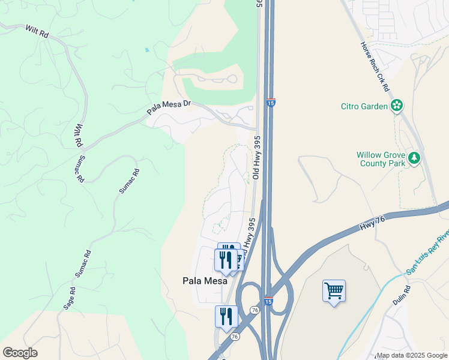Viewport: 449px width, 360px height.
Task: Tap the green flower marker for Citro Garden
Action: click(396, 106)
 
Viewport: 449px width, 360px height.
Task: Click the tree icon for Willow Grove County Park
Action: click(414, 158)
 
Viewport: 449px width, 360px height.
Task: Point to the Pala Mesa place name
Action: click(205, 280)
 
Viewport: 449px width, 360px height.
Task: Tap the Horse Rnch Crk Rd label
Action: click(375, 66)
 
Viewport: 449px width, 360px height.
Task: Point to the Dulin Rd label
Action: click(402, 296)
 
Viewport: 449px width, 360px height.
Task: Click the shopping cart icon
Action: click(334, 292)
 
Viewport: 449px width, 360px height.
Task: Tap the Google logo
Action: click(20, 353)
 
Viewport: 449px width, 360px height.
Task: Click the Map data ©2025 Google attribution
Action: click(411, 355)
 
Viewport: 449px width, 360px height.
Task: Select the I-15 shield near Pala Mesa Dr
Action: click(271, 103)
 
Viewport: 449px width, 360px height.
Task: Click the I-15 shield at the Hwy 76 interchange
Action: click(268, 301)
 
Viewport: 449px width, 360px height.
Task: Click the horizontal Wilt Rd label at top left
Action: click(37, 31)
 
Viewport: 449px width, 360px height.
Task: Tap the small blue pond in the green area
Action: click(146, 50)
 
